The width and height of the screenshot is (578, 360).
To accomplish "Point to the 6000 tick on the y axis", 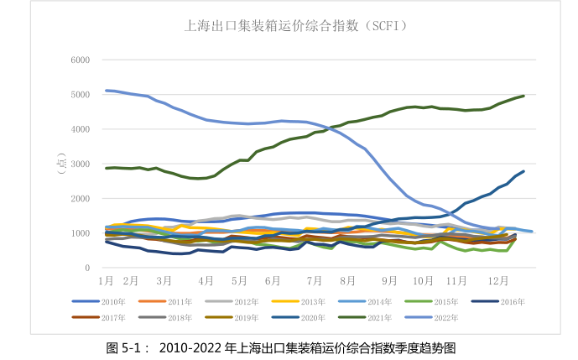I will pos(80,60).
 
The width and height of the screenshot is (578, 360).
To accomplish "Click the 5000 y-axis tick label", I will pos(80,95).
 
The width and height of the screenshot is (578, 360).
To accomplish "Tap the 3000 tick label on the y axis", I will pos(80,164).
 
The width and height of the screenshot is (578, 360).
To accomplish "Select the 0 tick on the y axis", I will pos(86,268).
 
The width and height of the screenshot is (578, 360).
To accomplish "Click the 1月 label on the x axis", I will pos(106,280).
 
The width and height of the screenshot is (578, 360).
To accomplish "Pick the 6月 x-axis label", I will pos(272,280).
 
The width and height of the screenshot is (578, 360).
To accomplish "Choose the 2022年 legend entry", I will pos(440,318).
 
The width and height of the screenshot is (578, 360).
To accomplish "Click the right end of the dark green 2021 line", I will pos(523,96).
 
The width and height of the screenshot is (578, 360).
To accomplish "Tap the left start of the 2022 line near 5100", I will pos(107,90).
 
